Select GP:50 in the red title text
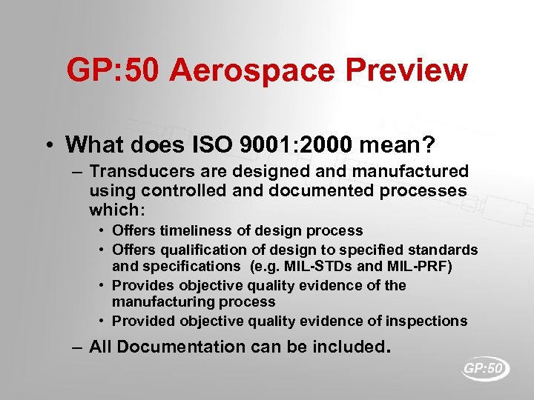coord(111,71)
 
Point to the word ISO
coord(211,143)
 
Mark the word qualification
coord(196,250)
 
